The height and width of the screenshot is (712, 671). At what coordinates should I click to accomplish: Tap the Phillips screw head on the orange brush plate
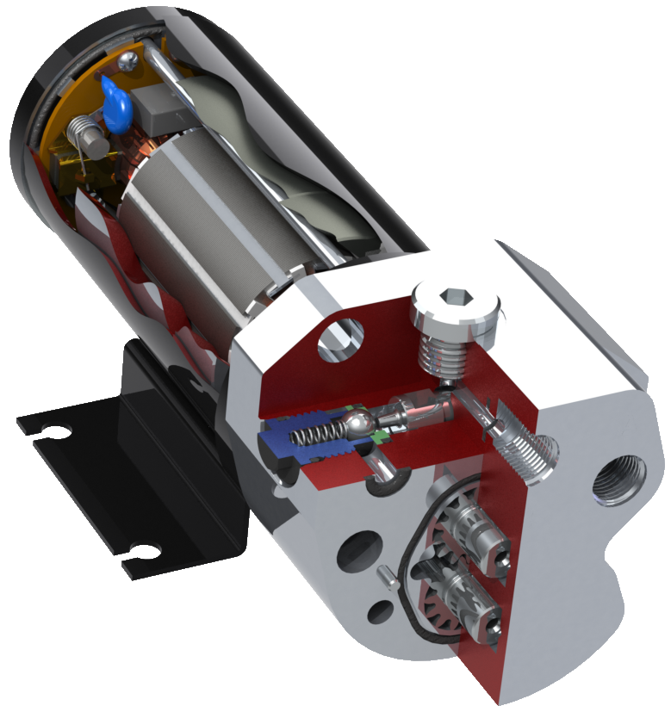click(x=128, y=59)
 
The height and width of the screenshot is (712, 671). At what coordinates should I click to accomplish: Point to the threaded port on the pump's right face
click(x=619, y=481)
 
